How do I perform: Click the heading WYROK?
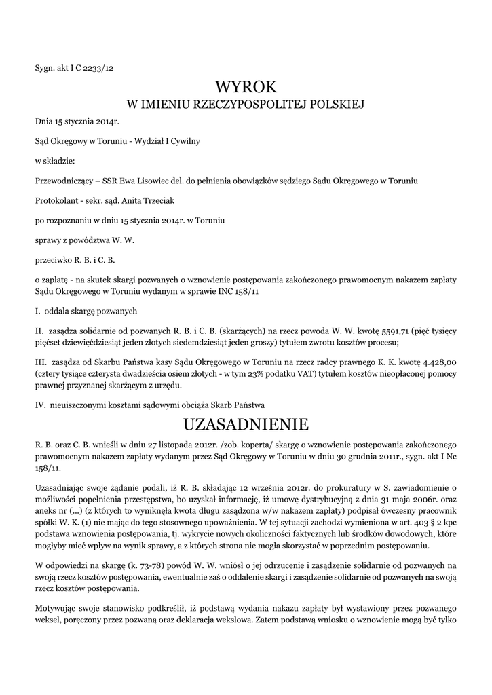point(246,86)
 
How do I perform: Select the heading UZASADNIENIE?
point(246,425)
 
